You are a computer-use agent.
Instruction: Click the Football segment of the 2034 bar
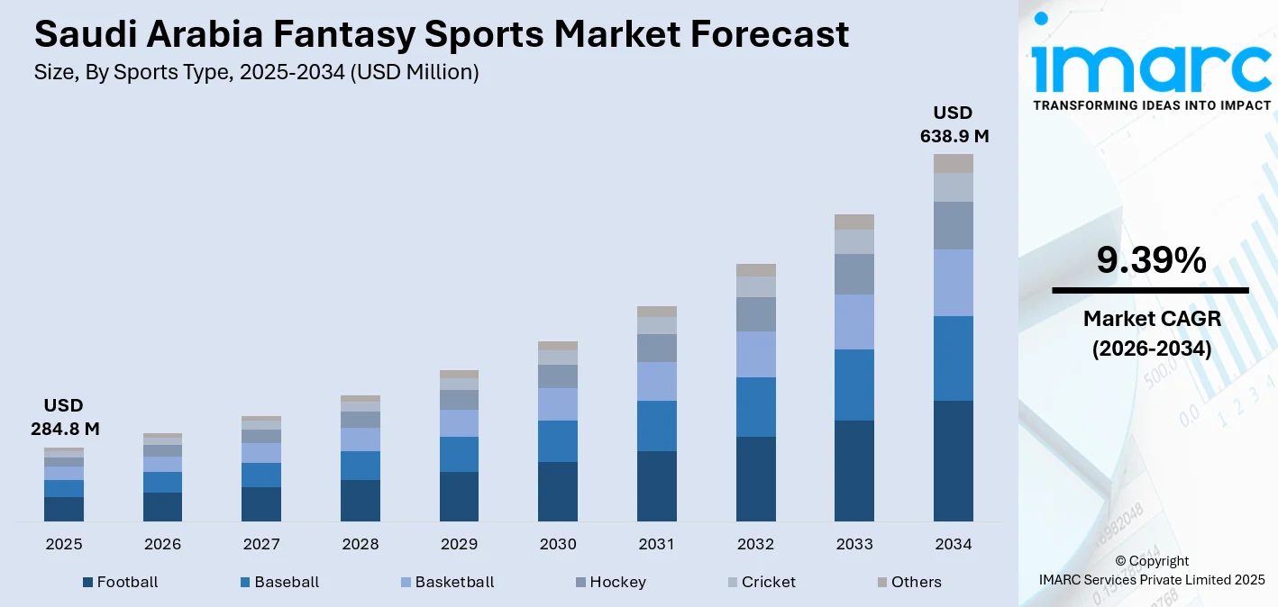click(953, 460)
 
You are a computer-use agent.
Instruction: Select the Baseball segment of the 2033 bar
click(854, 385)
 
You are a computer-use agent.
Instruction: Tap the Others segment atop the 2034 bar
click(953, 163)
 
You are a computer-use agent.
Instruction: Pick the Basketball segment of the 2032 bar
click(755, 354)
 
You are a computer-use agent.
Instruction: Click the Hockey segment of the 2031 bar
click(656, 348)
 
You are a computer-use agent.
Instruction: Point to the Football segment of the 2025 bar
click(63, 509)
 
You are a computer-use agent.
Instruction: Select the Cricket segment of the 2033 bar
click(854, 241)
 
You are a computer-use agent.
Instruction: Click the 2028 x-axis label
click(360, 544)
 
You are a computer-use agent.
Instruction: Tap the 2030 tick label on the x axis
click(557, 544)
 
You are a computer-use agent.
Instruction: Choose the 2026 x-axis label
click(162, 544)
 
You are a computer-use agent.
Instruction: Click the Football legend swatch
click(87, 583)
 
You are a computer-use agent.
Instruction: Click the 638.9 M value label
click(954, 137)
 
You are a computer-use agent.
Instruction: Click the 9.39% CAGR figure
click(1151, 261)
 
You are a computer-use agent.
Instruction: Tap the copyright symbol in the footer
click(1121, 561)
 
